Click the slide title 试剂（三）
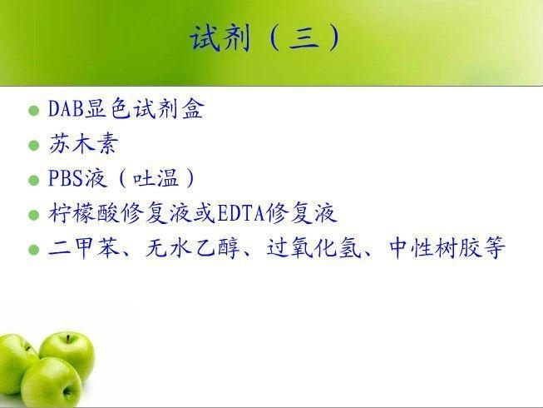click(x=265, y=37)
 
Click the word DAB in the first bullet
click(x=67, y=108)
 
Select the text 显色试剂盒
click(x=145, y=108)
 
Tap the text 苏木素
click(x=84, y=143)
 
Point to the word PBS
click(x=66, y=178)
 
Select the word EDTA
click(x=240, y=213)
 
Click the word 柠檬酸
click(x=84, y=213)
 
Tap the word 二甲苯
click(x=84, y=247)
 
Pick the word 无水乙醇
click(x=193, y=247)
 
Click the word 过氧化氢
click(x=313, y=247)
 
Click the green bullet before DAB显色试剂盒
click(x=34, y=111)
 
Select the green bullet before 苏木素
click(x=34, y=146)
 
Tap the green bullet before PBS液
click(x=34, y=180)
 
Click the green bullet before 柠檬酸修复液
click(x=34, y=215)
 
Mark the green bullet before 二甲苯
click(x=34, y=250)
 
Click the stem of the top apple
click(x=68, y=339)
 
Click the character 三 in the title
click(x=304, y=37)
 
